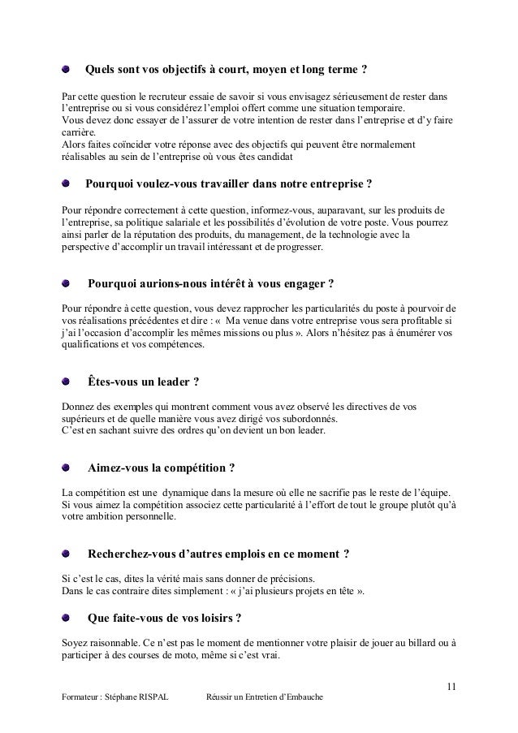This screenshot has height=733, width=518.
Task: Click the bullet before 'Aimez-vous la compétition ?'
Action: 67,469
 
